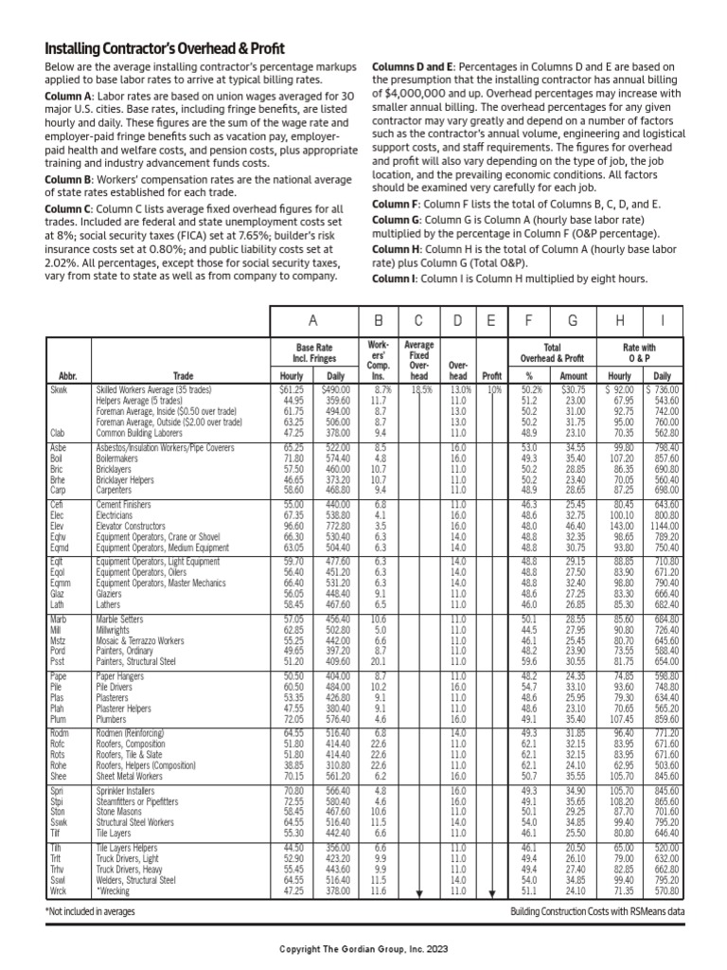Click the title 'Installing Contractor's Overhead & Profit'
coord(165,48)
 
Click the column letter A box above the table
coord(311,321)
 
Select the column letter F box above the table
coord(531,321)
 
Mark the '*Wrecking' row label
coord(114,891)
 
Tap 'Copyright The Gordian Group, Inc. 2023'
coord(363,948)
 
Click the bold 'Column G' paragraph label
coord(397,220)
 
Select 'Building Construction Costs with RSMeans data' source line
coord(595,910)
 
